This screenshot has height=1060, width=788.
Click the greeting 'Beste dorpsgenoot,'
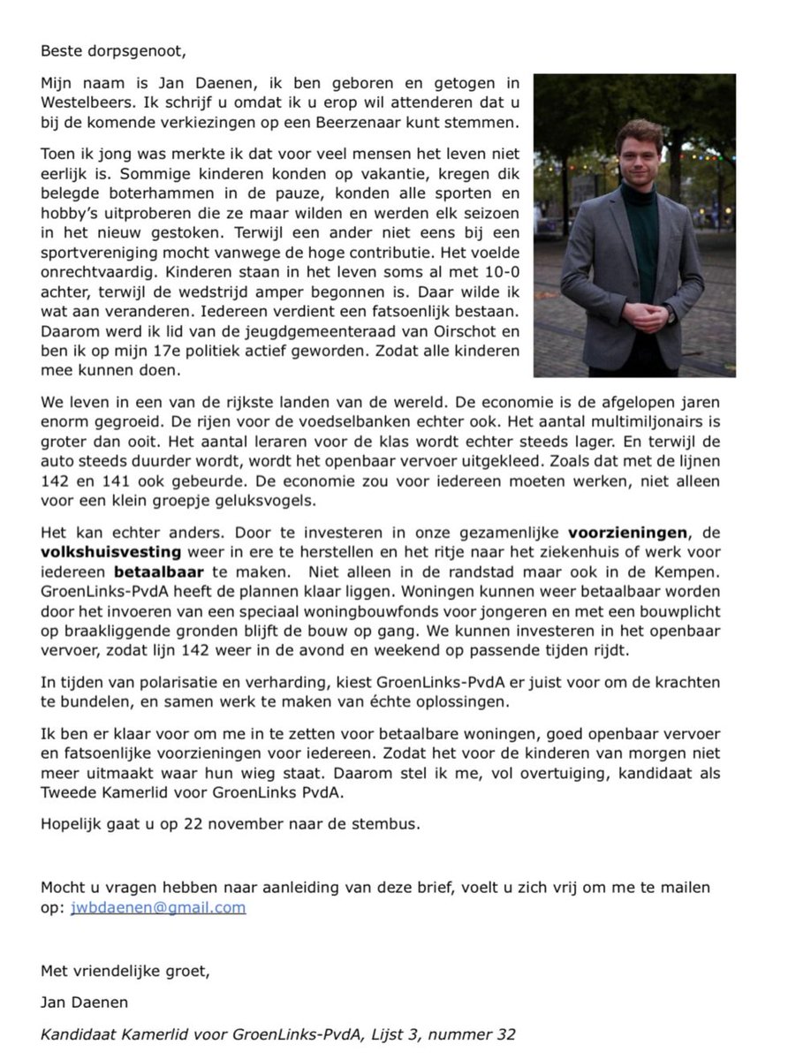[113, 50]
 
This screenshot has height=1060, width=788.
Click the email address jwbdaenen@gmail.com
[158, 907]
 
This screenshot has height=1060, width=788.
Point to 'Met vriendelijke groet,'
[125, 971]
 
